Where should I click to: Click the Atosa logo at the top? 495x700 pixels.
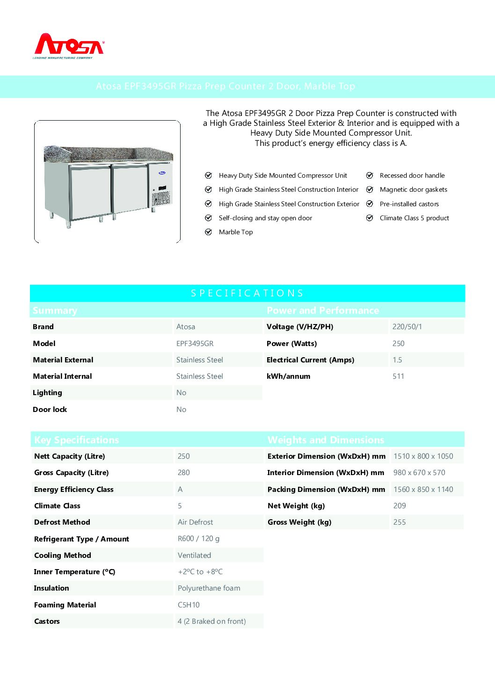[x=69, y=46]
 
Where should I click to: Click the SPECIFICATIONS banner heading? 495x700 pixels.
[x=247, y=293]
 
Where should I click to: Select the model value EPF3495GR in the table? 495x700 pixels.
[x=195, y=344]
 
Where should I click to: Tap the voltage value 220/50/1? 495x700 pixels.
[x=407, y=327]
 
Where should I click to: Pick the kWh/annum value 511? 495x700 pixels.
[x=398, y=376]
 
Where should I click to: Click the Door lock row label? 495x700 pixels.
[x=50, y=410]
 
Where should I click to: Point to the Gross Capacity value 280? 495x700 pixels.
[x=183, y=473]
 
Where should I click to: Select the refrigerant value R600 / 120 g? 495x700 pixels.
[x=198, y=539]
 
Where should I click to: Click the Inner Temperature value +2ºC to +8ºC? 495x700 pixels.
[x=200, y=572]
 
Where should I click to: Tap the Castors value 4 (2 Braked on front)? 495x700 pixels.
[x=211, y=621]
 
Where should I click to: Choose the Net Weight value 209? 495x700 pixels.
[x=400, y=506]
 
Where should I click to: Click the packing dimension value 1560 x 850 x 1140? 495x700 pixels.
[x=423, y=490]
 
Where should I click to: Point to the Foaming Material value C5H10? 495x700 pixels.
[x=189, y=605]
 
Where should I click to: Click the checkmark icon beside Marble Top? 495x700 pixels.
[x=209, y=232]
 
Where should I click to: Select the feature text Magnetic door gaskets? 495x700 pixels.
[x=413, y=189]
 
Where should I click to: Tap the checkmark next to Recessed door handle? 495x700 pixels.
[x=370, y=175]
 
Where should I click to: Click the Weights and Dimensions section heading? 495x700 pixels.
[x=326, y=440]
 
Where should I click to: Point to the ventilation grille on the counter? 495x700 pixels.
[x=161, y=198]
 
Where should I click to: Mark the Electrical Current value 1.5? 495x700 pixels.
[x=397, y=360]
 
